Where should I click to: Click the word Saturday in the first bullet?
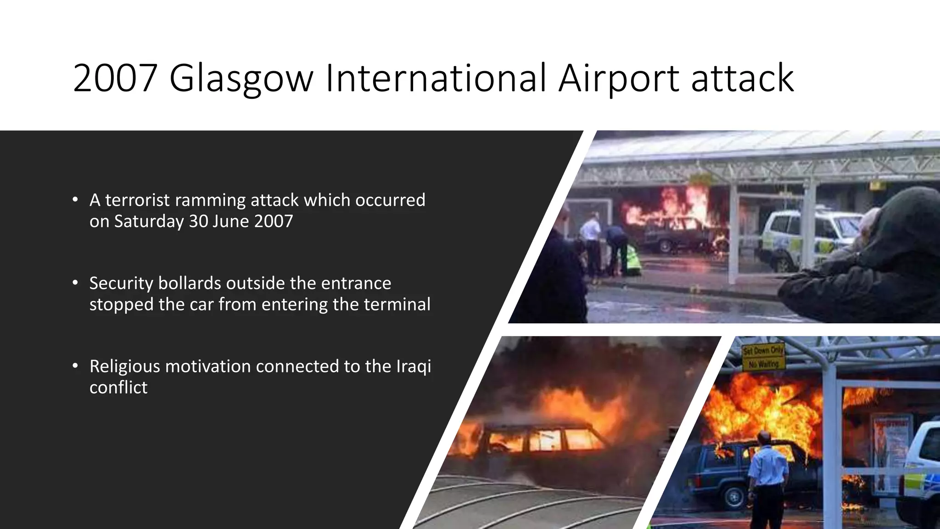[x=149, y=221]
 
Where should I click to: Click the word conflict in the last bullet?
[x=118, y=388]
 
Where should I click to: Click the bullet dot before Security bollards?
[x=75, y=283]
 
